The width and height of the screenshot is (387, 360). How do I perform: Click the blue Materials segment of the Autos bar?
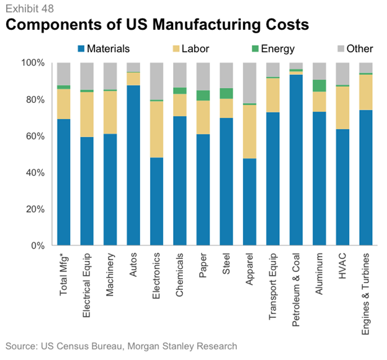point(133,165)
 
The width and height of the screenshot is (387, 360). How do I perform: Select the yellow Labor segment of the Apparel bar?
point(250,131)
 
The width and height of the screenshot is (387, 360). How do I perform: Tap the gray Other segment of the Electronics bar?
point(157,81)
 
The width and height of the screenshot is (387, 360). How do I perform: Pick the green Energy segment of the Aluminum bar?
point(319,86)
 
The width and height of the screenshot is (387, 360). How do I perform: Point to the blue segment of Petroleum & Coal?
point(296,160)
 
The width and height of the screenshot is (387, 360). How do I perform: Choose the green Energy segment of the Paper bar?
point(203,95)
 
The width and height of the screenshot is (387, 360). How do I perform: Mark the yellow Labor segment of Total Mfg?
point(64,103)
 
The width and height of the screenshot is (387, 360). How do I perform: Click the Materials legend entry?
point(106,48)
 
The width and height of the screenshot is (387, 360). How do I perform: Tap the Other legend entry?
point(353,48)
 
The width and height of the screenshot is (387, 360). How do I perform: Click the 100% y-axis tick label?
point(33,63)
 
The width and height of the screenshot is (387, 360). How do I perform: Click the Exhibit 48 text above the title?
point(26,8)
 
